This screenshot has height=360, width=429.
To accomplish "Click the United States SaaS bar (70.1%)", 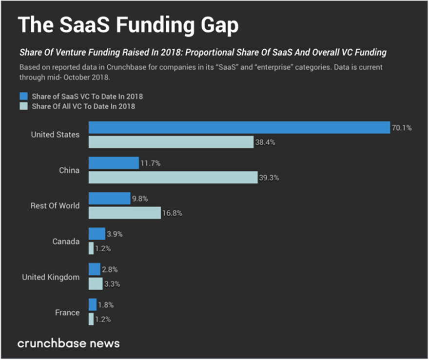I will click(239, 127).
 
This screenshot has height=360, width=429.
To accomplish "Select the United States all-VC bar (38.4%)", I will click(171, 141).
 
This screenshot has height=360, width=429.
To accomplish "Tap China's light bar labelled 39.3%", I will click(173, 177).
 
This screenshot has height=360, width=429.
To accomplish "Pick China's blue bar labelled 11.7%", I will click(114, 163).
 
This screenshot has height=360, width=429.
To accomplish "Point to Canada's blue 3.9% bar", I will click(97, 234).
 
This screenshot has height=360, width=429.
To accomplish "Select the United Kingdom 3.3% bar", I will click(96, 283).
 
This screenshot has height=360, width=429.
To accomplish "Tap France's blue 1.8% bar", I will click(93, 305).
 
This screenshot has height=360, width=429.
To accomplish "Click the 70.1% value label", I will click(402, 128).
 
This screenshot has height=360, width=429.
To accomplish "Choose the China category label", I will click(69, 170).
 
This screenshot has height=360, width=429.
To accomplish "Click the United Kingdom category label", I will click(51, 277).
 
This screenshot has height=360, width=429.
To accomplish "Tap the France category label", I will click(67, 312).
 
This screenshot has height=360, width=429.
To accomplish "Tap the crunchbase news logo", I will click(68, 343).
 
